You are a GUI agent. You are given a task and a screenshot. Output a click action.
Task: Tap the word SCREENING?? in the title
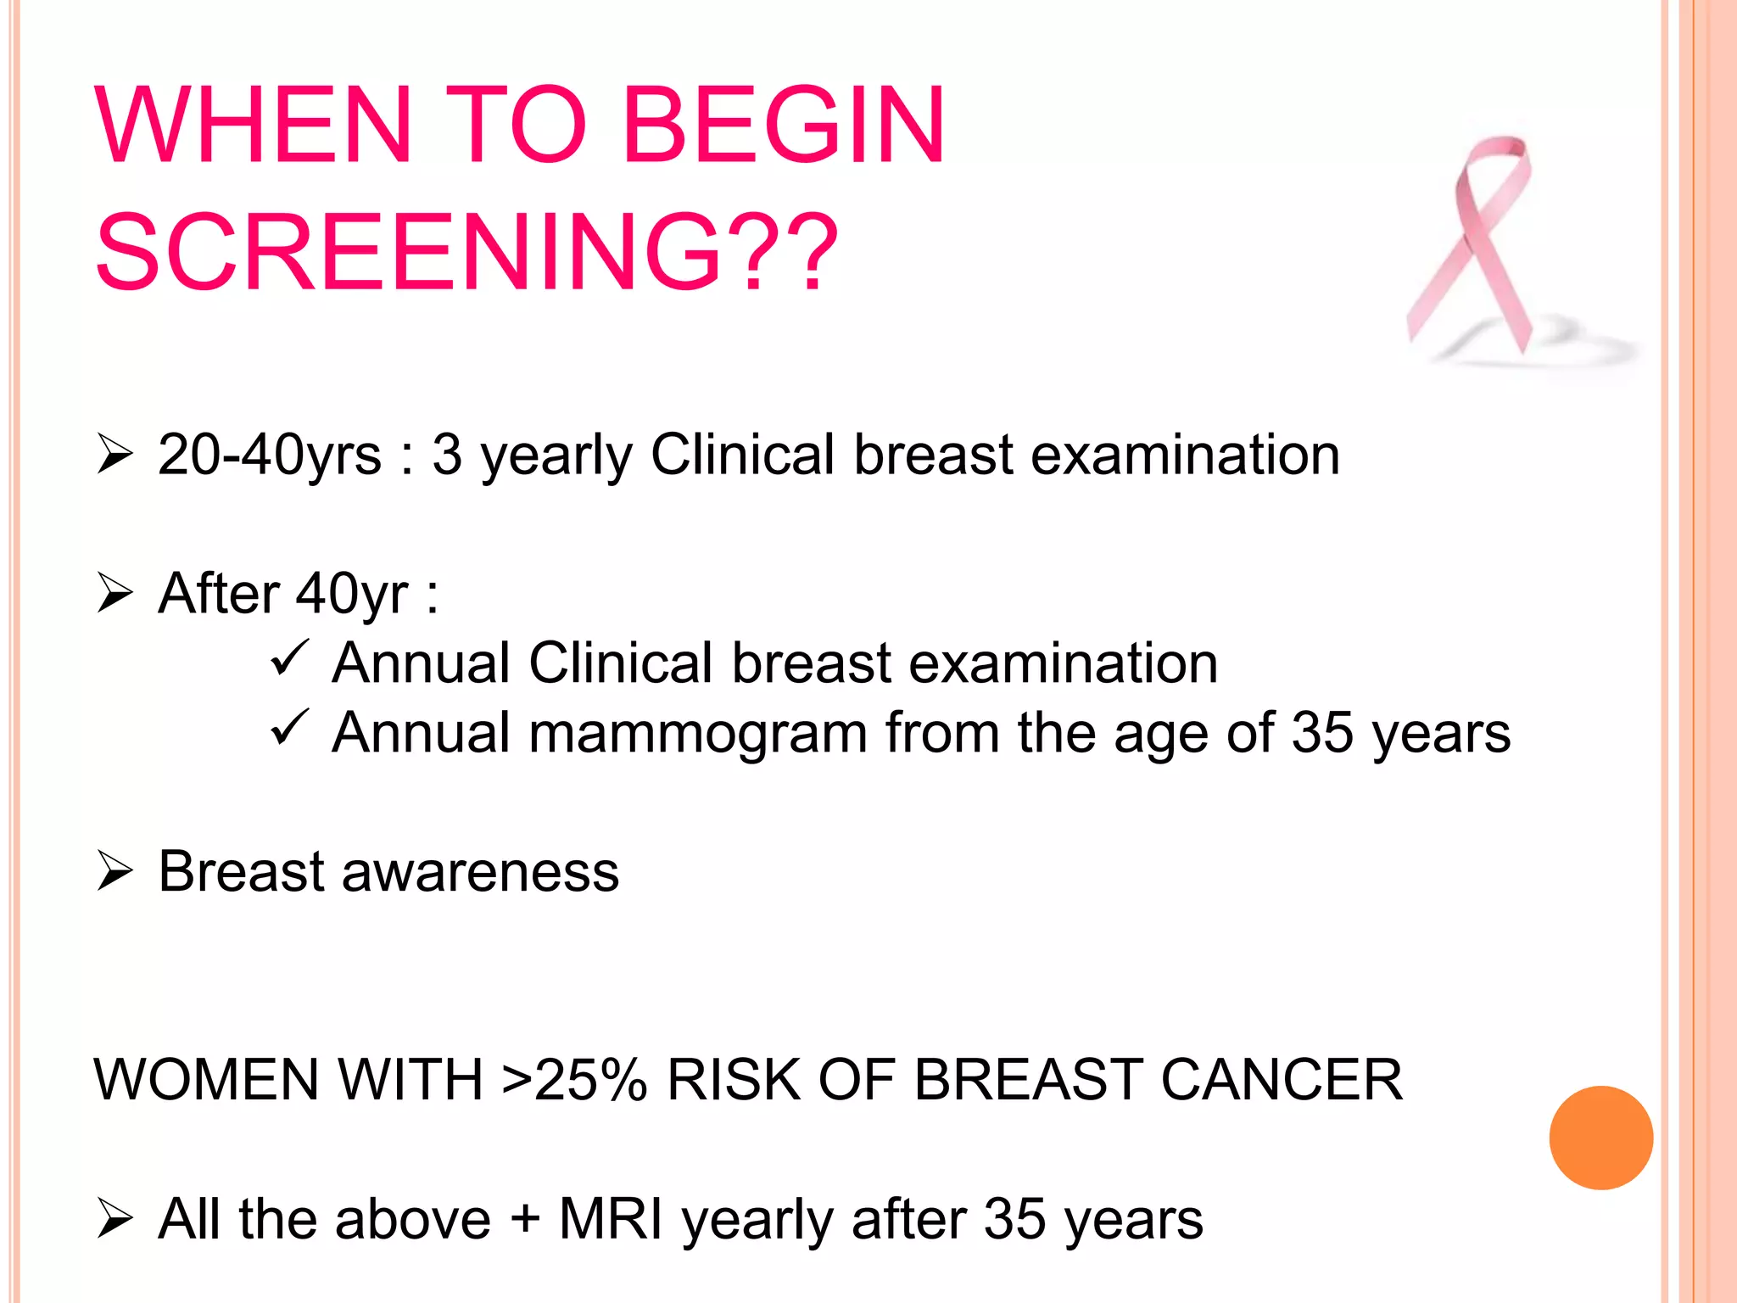pyautogui.click(x=466, y=254)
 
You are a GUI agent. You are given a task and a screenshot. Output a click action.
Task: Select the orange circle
pyautogui.click(x=1600, y=1138)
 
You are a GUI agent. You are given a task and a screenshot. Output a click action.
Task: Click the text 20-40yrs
pyautogui.click(x=269, y=456)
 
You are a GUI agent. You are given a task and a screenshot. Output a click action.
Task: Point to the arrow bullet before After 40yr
pyautogui.click(x=115, y=592)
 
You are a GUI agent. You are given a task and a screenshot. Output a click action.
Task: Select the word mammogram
pyautogui.click(x=697, y=733)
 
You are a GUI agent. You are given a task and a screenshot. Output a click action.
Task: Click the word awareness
pyautogui.click(x=480, y=872)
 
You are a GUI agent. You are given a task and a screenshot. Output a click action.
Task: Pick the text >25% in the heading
pyautogui.click(x=574, y=1080)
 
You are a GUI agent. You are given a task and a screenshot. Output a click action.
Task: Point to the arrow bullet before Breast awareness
pyautogui.click(x=115, y=871)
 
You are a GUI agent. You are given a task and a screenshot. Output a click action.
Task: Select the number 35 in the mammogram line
pyautogui.click(x=1321, y=733)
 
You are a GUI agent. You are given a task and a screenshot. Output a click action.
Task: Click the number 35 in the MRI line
pyautogui.click(x=1014, y=1220)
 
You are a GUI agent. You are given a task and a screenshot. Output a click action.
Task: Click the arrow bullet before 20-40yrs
pyautogui.click(x=115, y=453)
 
